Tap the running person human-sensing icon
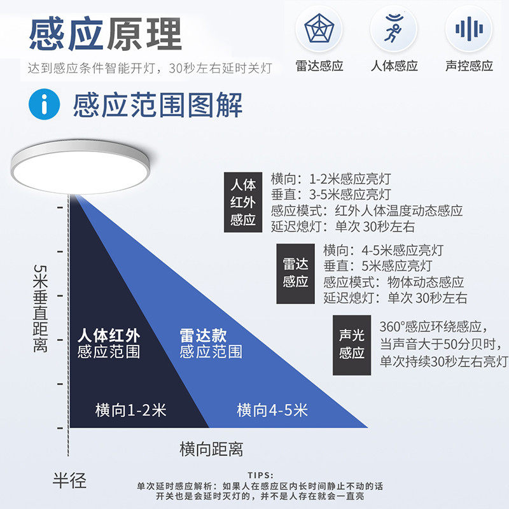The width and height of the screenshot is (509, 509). click(x=394, y=29)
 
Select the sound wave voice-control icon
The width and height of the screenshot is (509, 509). click(x=469, y=29)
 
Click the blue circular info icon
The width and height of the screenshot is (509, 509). click(x=45, y=105)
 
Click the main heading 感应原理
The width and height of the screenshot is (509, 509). click(x=105, y=34)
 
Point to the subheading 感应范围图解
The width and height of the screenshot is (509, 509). click(x=157, y=105)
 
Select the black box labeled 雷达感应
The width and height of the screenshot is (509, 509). click(x=295, y=273)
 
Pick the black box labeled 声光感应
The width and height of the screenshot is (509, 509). click(x=351, y=344)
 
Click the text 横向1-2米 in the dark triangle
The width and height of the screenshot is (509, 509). click(x=130, y=410)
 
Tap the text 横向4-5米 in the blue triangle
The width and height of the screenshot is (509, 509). click(x=272, y=410)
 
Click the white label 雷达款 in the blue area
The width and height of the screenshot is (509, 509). click(x=203, y=336)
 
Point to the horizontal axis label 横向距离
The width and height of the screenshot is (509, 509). click(x=211, y=449)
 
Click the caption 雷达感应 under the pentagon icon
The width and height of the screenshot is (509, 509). click(x=319, y=66)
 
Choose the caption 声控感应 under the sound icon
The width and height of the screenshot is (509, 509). click(x=469, y=66)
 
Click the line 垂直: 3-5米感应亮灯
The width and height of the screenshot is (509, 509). click(x=330, y=195)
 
